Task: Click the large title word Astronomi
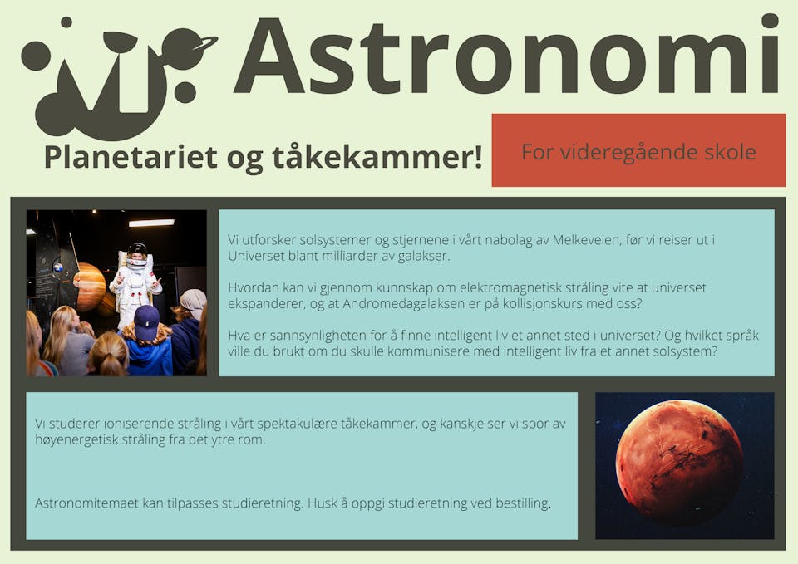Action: (506, 55)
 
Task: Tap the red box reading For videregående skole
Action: (638, 150)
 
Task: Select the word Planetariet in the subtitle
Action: (131, 157)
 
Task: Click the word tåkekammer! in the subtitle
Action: (377, 157)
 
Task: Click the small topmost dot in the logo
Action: (66, 22)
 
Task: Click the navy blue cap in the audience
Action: (146, 323)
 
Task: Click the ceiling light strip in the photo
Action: (151, 223)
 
